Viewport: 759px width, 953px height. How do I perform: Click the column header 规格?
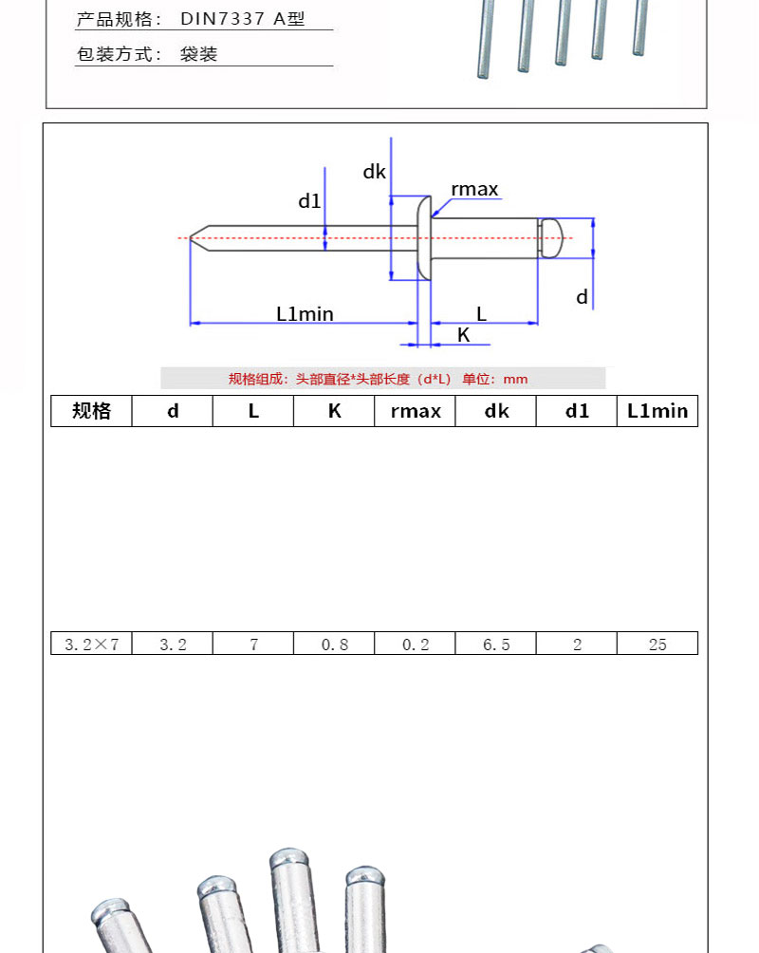pos(91,411)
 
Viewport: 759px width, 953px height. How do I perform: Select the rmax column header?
pos(415,411)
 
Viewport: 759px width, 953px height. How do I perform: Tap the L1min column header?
pos(657,411)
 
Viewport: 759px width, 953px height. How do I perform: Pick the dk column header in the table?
pos(496,411)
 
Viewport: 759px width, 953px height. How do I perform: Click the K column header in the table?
pos(334,411)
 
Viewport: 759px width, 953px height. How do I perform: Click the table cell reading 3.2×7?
pos(91,644)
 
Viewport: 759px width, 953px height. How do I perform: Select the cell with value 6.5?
pos(496,644)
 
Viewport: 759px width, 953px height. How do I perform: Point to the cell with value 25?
pos(657,644)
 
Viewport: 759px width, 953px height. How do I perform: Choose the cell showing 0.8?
pos(334,644)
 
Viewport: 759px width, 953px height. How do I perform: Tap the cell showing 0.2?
pos(415,644)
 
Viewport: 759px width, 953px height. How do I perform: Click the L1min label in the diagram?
pos(305,313)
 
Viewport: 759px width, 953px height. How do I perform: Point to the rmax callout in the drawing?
pos(474,190)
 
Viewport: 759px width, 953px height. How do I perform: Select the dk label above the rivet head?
pos(374,172)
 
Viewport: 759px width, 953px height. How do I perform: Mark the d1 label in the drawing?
pos(309,200)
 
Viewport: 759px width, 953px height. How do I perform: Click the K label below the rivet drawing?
pos(464,335)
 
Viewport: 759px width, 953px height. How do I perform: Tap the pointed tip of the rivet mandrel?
pos(190,237)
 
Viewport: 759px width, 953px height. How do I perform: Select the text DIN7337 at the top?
pos(222,19)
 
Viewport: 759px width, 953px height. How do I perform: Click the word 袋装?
pos(198,54)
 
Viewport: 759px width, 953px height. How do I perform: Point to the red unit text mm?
pos(515,380)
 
